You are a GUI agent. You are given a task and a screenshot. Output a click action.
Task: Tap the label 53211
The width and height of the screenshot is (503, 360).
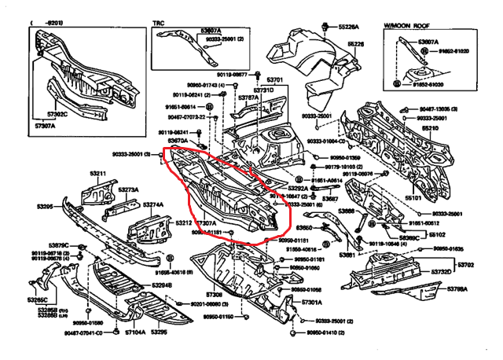(x=97, y=173)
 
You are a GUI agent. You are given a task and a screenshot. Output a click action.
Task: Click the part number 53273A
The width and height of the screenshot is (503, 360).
(x=128, y=189)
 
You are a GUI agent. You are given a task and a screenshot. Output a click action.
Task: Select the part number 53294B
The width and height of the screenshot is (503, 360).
(x=162, y=285)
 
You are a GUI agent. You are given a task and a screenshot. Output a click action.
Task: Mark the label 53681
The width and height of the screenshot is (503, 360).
(x=348, y=254)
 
